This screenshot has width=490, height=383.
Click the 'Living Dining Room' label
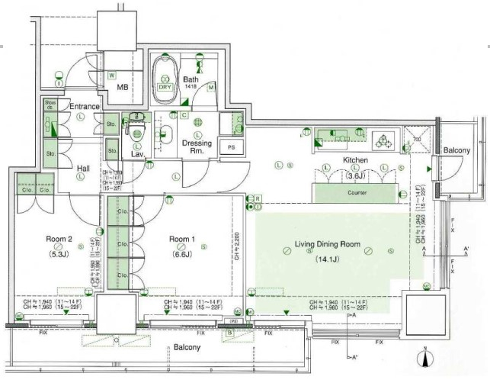326,246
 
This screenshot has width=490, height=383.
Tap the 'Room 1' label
181,238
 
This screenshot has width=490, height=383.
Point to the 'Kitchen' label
355,160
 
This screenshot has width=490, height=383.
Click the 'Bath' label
191,79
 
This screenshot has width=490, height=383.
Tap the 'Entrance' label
85,106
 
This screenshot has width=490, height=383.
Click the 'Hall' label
85,169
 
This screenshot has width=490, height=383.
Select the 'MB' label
123,86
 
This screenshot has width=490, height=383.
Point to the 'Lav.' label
138,154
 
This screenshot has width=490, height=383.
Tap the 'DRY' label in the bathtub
165,86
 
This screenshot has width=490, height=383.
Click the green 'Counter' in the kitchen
357,193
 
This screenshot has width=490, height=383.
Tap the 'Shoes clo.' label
50,105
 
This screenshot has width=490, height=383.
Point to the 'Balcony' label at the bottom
186,347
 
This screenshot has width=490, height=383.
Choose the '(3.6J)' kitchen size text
355,175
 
